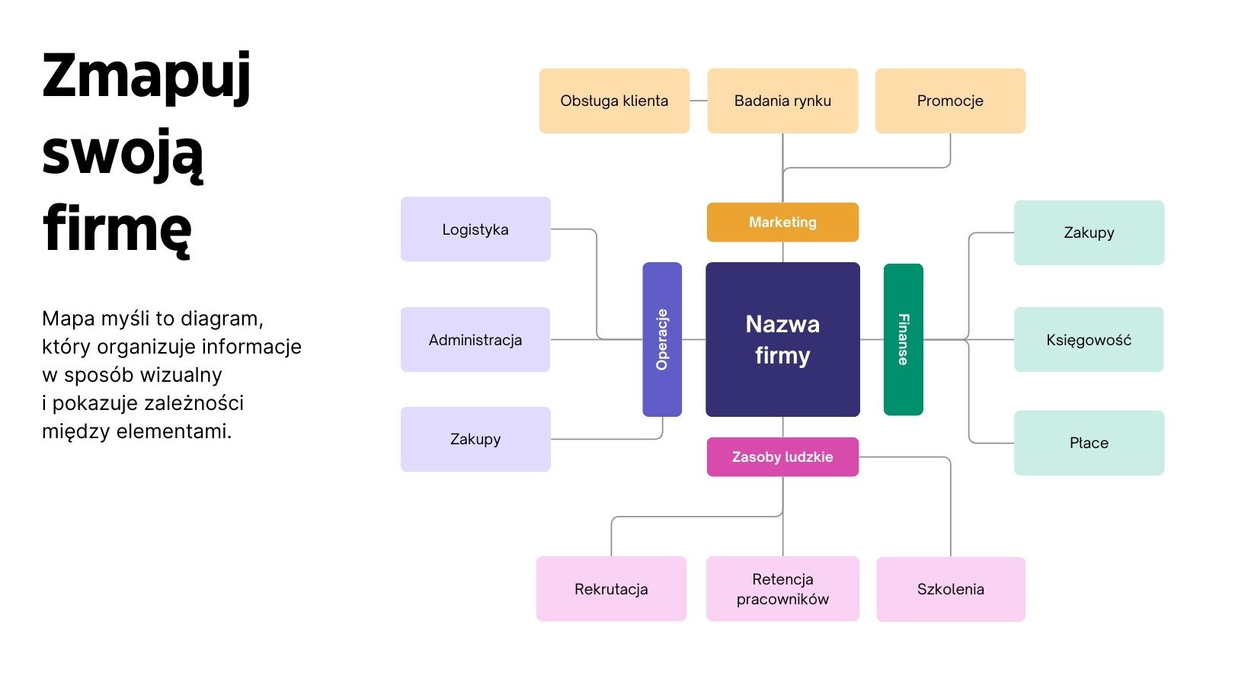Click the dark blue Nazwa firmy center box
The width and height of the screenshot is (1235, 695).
point(782,339)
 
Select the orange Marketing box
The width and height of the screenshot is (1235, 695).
point(782,222)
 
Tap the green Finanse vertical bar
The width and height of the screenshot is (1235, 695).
point(903,339)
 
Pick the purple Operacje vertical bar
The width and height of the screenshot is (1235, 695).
point(662,339)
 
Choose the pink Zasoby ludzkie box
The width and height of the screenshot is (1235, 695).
point(782,456)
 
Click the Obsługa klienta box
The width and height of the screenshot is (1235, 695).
point(614,101)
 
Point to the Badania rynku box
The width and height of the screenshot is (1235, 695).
point(782,101)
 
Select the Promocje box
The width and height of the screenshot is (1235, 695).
point(950,101)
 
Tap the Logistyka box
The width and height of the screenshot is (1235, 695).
point(475,229)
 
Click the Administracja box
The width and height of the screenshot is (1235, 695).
point(475,339)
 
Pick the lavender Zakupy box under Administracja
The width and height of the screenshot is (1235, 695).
point(475,439)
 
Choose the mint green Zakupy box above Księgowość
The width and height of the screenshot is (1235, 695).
point(1089,232)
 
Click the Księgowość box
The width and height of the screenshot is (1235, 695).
point(1089,339)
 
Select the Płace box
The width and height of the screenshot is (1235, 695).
point(1089,443)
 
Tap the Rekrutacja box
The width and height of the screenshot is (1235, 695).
point(611,588)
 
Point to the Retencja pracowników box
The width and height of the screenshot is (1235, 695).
point(782,588)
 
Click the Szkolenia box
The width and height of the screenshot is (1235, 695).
point(950,588)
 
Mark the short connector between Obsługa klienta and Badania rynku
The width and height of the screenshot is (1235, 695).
point(699,101)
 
